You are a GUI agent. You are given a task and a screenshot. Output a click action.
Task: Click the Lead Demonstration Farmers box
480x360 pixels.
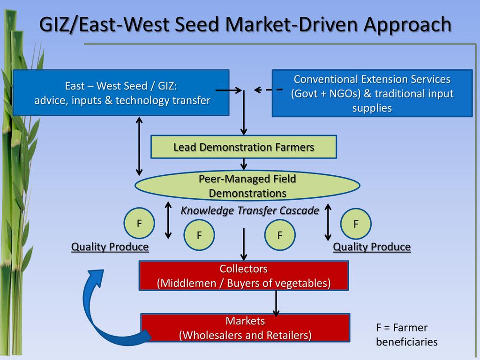[243, 147]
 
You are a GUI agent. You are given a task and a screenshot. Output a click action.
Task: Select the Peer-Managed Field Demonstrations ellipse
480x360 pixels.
[247, 186]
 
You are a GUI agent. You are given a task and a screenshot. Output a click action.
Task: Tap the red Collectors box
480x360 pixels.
[244, 276]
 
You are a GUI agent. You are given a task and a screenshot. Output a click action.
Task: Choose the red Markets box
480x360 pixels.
[245, 328]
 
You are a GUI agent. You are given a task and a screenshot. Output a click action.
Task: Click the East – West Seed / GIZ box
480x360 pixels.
[121, 92]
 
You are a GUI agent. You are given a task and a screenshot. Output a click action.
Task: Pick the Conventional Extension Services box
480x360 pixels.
[372, 93]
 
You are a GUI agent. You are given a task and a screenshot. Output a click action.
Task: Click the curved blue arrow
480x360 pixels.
[103, 309]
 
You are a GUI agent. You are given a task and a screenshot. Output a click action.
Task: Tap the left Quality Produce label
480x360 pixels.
[110, 247]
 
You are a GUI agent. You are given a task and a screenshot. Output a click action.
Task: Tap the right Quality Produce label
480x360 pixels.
[372, 247]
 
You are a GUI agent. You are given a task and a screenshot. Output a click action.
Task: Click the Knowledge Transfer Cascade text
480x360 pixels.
[250, 210]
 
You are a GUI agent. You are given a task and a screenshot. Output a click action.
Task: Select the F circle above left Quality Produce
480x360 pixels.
[139, 223]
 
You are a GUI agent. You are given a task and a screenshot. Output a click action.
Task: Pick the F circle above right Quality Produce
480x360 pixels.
[356, 224]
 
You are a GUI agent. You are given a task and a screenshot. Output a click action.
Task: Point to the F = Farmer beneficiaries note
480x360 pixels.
[406, 335]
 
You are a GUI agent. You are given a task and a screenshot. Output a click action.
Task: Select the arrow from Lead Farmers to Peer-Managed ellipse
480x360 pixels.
[244, 164]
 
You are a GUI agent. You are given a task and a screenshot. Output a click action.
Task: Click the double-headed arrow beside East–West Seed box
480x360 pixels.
[139, 145]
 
